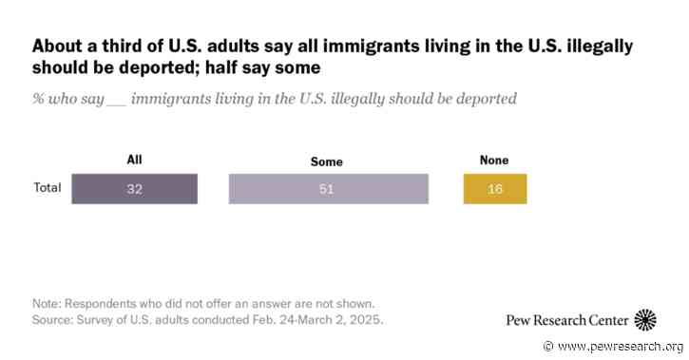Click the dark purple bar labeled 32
click(134, 188)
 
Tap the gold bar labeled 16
click(494, 188)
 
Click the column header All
click(133, 161)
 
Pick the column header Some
click(326, 162)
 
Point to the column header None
click(493, 161)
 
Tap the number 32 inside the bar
click(134, 189)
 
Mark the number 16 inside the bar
click(494, 189)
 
